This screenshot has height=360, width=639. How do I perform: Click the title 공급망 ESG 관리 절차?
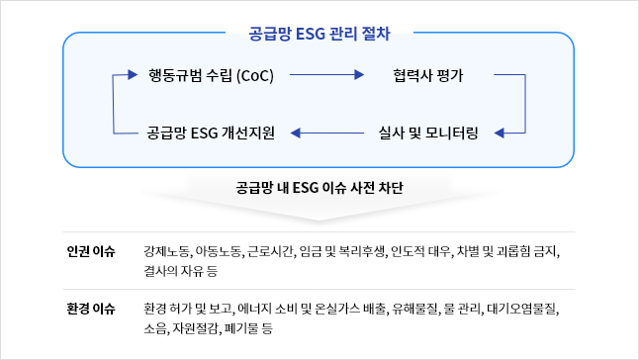point(319,34)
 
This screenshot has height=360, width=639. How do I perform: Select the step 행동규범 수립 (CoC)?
point(211,75)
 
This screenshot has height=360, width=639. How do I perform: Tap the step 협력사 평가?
point(428,75)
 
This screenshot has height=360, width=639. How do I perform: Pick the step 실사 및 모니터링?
point(428,133)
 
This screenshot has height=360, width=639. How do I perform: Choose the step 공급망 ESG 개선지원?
point(211,133)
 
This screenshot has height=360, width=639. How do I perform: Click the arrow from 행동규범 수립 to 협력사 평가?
point(326,75)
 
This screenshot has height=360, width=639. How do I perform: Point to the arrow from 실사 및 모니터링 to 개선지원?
point(326,133)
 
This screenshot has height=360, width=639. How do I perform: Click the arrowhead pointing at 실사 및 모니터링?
point(499,133)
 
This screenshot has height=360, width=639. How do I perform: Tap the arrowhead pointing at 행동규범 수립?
point(133,74)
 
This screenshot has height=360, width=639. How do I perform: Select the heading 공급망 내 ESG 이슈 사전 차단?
point(319,188)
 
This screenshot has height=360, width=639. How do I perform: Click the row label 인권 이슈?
point(91,251)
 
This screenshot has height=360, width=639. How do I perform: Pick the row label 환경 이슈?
point(91,309)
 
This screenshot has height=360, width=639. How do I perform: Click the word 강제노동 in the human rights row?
point(166,251)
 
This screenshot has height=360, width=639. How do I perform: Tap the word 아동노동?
point(218,251)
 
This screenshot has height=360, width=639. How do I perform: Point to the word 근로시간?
point(270,251)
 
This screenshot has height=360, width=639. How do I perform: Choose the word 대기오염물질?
point(521,309)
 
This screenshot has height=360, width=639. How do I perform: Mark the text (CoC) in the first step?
point(255,76)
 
